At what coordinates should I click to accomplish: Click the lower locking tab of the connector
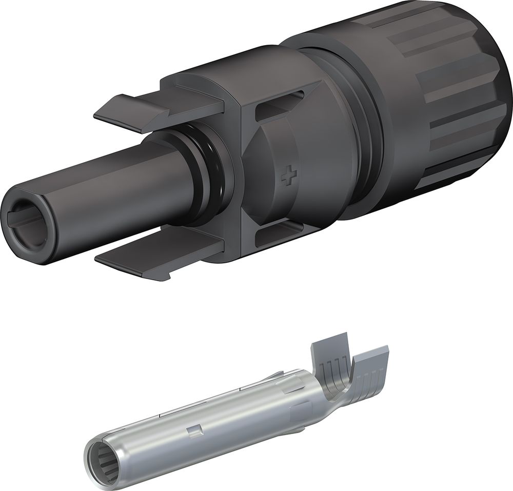click(x=154, y=260)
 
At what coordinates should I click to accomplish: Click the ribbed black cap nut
click(x=436, y=103)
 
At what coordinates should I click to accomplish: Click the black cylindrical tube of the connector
click(x=103, y=190)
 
